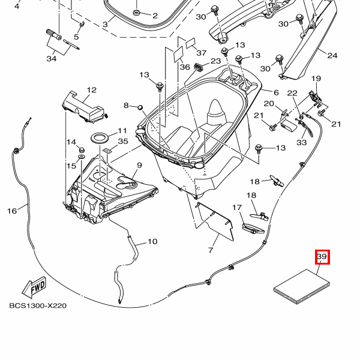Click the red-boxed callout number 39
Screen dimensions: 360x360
pos(322,257)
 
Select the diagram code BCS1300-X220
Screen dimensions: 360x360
pos(37,305)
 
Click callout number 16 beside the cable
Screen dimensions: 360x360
pos(12,211)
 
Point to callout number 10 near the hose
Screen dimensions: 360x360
pos(152,242)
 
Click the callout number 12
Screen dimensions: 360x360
pos(91,91)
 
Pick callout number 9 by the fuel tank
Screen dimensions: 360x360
pos(139,165)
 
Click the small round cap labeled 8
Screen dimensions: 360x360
pos(139,107)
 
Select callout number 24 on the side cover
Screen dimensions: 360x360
pos(332,56)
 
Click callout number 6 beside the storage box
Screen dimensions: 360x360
pos(277,92)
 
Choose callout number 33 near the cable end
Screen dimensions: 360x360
pos(301,142)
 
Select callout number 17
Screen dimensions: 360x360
pos(237,208)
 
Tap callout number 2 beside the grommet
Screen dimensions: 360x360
pos(155,16)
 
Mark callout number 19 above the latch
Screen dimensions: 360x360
pos(316,79)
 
